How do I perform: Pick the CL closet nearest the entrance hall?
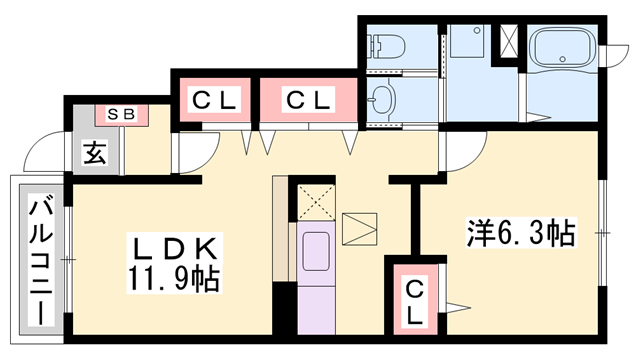[x=214, y=100]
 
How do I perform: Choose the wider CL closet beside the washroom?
[x=308, y=100]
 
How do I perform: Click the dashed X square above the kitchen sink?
[x=317, y=202]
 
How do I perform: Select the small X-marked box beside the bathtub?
[x=509, y=42]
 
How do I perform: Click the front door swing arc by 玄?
[x=42, y=155]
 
